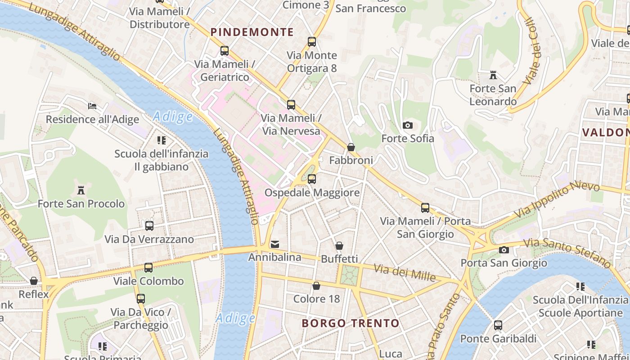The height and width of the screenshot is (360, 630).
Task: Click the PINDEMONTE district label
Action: tap(252, 32)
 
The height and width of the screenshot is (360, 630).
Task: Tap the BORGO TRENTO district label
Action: tap(350, 323)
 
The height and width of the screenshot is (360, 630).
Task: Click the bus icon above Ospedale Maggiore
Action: tap(311, 179)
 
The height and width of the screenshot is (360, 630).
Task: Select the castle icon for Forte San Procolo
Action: tap(81, 190)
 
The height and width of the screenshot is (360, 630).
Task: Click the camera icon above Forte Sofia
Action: tap(408, 125)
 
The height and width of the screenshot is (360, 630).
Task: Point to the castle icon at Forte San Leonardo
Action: tap(493, 75)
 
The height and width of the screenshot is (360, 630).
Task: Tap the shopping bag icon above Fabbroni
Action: tap(351, 147)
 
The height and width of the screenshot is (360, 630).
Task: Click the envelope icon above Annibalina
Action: tap(274, 244)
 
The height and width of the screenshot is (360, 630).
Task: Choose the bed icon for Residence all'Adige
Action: tap(92, 106)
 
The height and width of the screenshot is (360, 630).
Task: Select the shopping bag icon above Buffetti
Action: tap(339, 246)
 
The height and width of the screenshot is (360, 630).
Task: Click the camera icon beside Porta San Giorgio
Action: tap(504, 250)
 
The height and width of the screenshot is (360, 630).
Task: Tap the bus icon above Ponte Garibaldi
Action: tap(498, 325)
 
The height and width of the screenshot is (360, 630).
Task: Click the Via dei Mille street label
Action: tap(405, 273)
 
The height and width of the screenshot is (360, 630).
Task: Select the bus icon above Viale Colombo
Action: tap(148, 268)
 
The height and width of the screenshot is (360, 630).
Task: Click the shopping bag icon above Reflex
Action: tap(34, 281)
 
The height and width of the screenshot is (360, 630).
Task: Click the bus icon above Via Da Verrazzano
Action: tap(149, 225)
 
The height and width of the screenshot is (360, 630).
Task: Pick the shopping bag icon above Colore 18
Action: tap(316, 286)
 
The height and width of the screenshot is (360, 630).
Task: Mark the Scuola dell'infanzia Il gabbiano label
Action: tap(161, 160)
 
